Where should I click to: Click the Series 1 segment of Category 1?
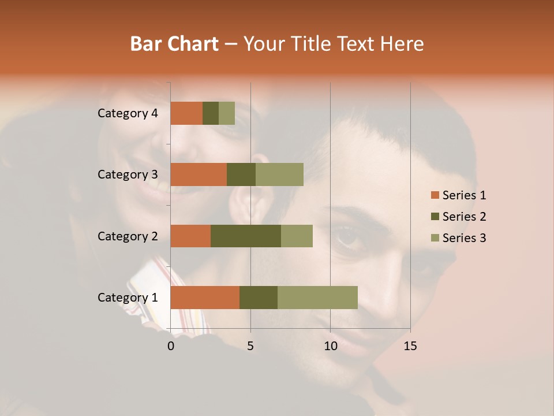pyautogui.click(x=205, y=298)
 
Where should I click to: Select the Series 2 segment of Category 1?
pyautogui.click(x=259, y=298)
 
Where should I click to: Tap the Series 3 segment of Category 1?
pyautogui.click(x=317, y=298)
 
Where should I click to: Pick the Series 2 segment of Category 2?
pyautogui.click(x=246, y=236)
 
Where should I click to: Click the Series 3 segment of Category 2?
pyautogui.click(x=297, y=236)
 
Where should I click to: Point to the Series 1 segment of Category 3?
pyautogui.click(x=199, y=174)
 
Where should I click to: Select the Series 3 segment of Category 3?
pyautogui.click(x=279, y=174)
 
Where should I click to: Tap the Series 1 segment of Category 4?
pyautogui.click(x=186, y=113)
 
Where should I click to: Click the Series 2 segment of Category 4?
pyautogui.click(x=211, y=113)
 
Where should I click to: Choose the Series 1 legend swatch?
pyautogui.click(x=435, y=195)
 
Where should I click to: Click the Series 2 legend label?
pyautogui.click(x=464, y=217)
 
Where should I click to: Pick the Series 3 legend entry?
pyautogui.click(x=458, y=238)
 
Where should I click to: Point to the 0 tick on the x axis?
pyautogui.click(x=171, y=346)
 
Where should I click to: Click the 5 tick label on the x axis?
pyautogui.click(x=250, y=346)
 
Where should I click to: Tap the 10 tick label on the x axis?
pyautogui.click(x=330, y=346)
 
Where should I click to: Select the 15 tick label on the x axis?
pyautogui.click(x=410, y=346)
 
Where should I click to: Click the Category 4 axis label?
pyautogui.click(x=128, y=113)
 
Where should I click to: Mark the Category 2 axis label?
pyautogui.click(x=128, y=236)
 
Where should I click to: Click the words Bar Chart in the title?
pyautogui.click(x=174, y=44)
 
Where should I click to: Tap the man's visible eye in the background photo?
pyautogui.click(x=347, y=236)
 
